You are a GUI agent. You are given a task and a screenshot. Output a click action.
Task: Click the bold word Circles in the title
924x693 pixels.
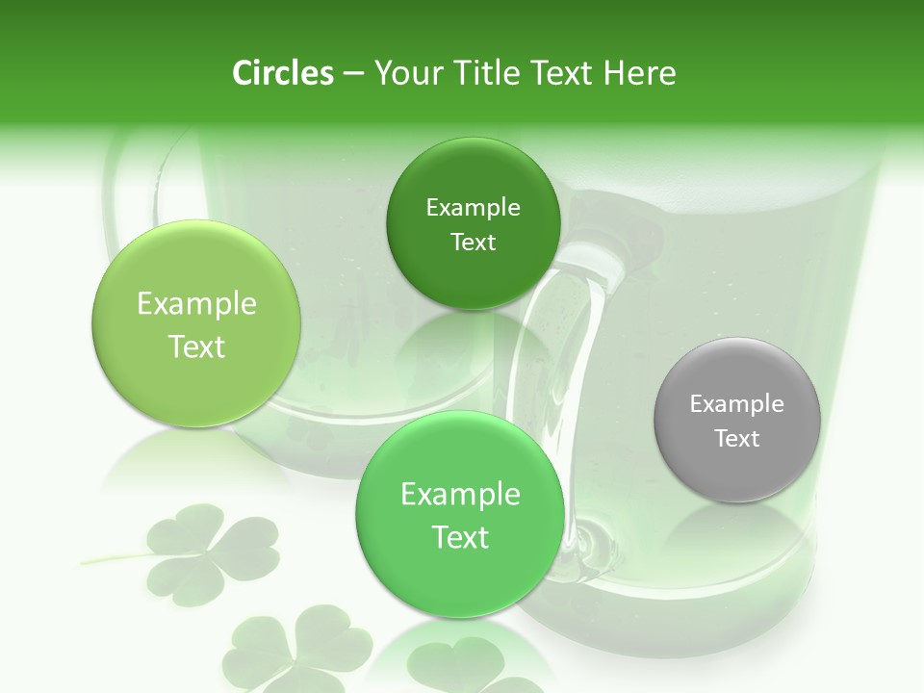point(282,73)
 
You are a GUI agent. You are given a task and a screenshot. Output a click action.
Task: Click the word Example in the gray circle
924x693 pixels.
point(737,403)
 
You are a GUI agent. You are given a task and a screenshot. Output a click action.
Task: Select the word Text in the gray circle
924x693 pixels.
point(737,438)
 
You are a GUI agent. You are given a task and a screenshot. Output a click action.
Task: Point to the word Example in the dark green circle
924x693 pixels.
point(473,207)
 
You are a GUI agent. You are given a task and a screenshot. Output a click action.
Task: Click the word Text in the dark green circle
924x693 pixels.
point(473,242)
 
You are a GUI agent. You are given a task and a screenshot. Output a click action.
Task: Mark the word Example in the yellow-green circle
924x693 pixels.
point(196,303)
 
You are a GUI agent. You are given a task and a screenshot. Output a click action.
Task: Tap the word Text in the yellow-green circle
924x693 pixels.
point(196,346)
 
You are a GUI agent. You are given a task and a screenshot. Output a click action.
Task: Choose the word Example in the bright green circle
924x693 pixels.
point(460,494)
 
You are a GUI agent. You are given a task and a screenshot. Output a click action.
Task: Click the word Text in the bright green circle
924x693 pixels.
point(460,537)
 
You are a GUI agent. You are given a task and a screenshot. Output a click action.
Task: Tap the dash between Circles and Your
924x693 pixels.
point(352,73)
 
